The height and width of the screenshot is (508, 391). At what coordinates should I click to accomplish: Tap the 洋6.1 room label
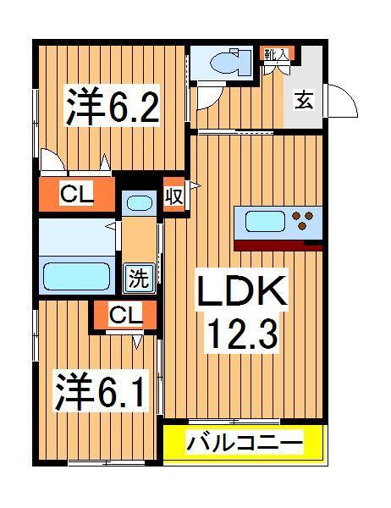click(98, 391)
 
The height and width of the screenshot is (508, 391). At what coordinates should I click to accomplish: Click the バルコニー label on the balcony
click(244, 444)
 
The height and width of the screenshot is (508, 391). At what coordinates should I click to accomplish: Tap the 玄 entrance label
click(302, 100)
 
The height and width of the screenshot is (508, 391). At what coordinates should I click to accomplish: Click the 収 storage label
click(174, 196)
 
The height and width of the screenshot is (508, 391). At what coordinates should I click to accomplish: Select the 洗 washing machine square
click(137, 276)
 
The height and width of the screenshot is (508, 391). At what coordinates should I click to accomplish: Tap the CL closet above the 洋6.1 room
click(125, 317)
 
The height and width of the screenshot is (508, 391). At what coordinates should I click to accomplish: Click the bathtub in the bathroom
click(77, 275)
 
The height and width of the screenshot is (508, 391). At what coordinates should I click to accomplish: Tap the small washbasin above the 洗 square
click(137, 203)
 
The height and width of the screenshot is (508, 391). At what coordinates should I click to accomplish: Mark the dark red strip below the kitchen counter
click(278, 246)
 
